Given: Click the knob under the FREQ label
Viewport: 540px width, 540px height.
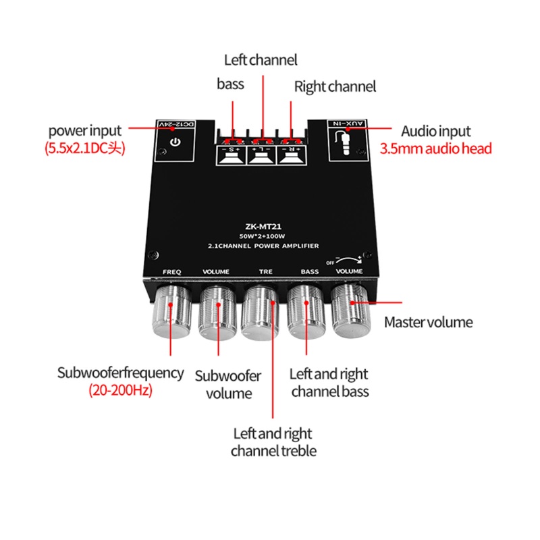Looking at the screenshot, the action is point(172,312).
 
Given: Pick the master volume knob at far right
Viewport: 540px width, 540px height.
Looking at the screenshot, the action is point(350,310).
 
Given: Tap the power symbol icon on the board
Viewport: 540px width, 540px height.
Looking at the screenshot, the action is point(175,142).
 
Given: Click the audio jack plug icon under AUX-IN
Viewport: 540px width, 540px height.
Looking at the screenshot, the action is point(344,142).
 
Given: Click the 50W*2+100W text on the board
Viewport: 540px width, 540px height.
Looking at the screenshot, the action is point(262,236).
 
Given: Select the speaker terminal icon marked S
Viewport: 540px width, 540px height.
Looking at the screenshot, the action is point(231,156).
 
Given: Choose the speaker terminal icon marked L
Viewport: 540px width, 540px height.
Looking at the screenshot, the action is point(261,156).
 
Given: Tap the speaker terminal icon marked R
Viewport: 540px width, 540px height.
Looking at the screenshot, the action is point(292,156).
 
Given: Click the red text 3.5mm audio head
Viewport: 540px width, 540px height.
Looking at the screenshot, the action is point(435,148).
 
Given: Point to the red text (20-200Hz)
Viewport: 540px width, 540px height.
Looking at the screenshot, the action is point(121,390).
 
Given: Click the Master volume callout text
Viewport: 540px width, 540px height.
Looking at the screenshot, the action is point(429,323).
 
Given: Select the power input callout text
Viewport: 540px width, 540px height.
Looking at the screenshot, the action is point(85,131).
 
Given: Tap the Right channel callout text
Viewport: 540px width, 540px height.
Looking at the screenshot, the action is point(335,86).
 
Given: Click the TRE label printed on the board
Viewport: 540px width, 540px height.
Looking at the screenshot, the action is point(265,271).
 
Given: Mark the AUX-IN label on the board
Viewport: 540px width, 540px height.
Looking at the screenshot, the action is point(347,124).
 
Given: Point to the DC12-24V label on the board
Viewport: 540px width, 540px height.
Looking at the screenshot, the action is point(177,124).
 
